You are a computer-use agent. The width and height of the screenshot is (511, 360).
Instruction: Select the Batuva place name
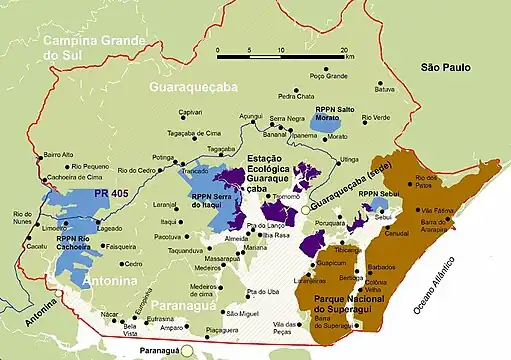(x=385, y=89)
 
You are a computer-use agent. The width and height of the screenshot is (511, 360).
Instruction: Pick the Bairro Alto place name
(x=59, y=155)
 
